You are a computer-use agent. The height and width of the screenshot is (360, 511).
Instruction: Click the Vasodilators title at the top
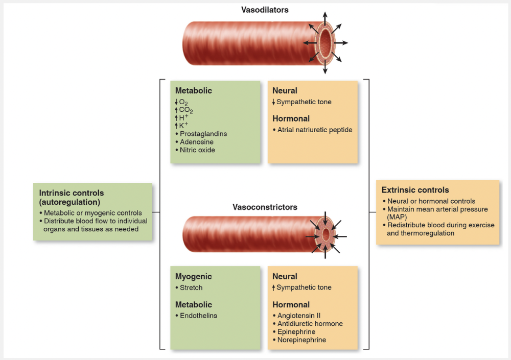pyautogui.click(x=265, y=10)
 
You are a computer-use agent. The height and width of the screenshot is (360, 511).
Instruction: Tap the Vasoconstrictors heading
pyautogui.click(x=265, y=207)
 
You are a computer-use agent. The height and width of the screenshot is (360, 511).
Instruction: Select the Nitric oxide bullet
pyautogui.click(x=197, y=150)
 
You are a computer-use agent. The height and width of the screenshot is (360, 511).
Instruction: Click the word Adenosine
pyautogui.click(x=197, y=142)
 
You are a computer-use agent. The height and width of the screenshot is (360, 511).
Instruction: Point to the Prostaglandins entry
pyautogui.click(x=203, y=134)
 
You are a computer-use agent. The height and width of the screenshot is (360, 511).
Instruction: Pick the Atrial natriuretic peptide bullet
pyautogui.click(x=315, y=130)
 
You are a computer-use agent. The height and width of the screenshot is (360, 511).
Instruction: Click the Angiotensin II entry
pyautogui.click(x=299, y=316)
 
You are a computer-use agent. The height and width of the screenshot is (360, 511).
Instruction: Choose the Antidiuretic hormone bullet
pyautogui.click(x=310, y=324)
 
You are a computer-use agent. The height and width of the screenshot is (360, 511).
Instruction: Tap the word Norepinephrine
pyautogui.click(x=301, y=340)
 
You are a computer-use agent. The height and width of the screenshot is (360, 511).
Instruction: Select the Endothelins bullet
pyautogui.click(x=198, y=316)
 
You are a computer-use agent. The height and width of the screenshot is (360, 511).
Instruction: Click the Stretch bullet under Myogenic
pyautogui.click(x=191, y=287)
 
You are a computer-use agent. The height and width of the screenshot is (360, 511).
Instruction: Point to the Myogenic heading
pyautogui.click(x=193, y=276)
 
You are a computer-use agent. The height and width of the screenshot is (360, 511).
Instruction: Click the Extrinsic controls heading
pyautogui.click(x=415, y=190)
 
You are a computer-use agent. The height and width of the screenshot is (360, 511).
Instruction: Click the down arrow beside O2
pyautogui.click(x=176, y=102)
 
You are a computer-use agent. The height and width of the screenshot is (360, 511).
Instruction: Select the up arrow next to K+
pyautogui.click(x=176, y=126)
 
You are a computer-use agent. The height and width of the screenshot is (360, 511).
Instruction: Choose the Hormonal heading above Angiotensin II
pyautogui.click(x=291, y=304)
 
